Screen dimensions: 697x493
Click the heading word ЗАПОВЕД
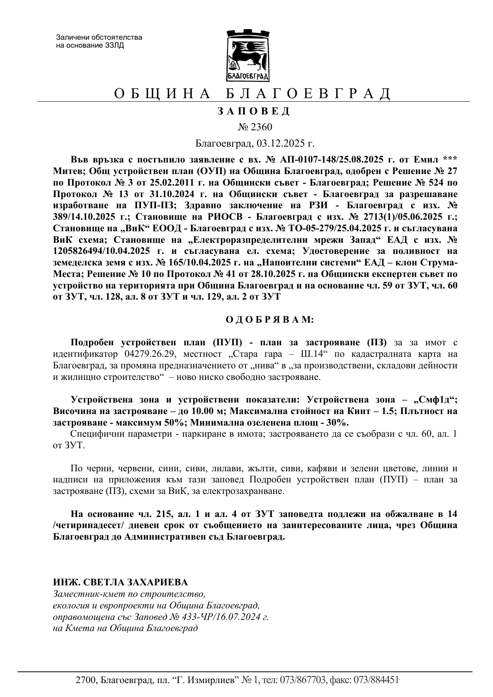click(x=254, y=111)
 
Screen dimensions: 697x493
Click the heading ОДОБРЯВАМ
click(x=270, y=319)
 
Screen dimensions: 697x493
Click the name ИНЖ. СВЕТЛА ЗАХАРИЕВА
click(x=120, y=582)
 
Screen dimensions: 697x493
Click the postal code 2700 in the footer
click(x=85, y=680)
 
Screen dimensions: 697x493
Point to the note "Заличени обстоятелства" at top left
click(x=99, y=38)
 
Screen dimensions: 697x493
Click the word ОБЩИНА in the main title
click(x=162, y=94)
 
